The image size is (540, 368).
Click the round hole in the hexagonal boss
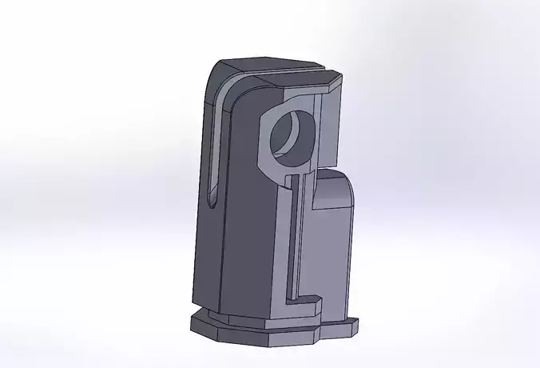pos(288,132)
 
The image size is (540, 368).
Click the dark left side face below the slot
pos(206,256)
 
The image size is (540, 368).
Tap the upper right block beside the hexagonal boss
pos(329,120)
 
